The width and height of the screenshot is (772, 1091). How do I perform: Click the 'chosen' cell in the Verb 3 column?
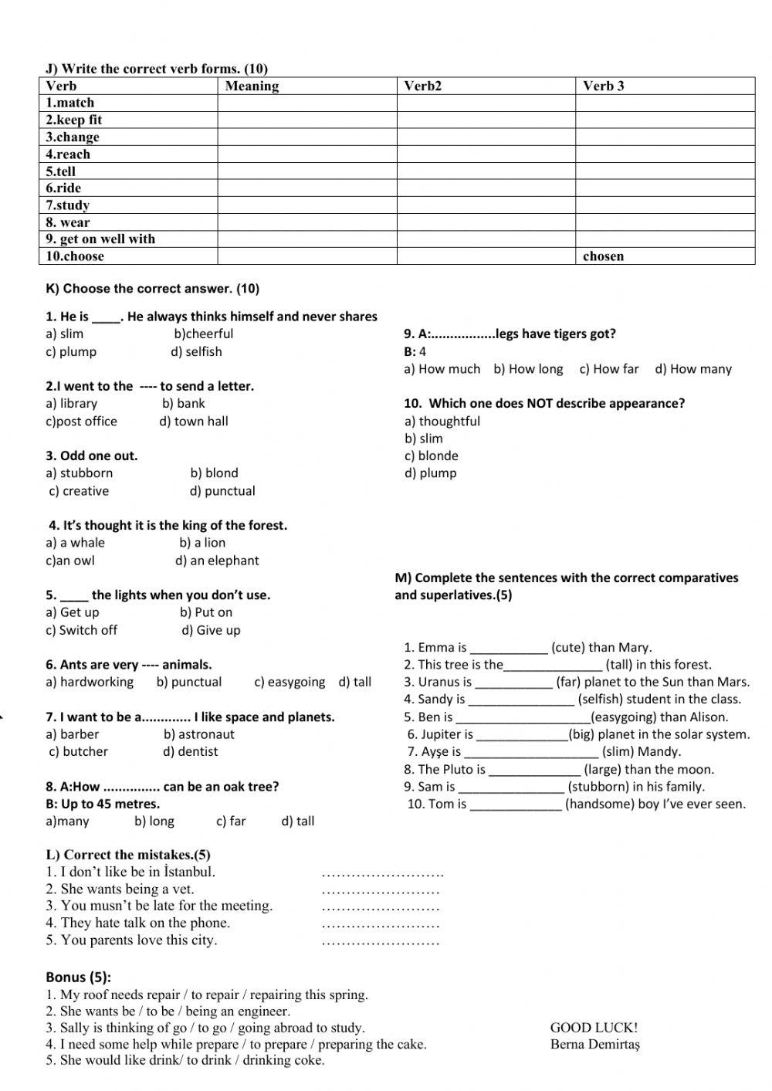[x=603, y=256]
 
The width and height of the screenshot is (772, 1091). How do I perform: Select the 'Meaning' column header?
[x=252, y=86]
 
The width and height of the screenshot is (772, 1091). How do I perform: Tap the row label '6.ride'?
[x=63, y=188]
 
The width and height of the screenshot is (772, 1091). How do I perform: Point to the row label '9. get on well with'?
[x=100, y=239]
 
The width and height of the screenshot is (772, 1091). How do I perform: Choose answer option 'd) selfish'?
[x=196, y=352]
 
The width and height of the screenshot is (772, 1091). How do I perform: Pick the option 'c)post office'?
[x=81, y=422]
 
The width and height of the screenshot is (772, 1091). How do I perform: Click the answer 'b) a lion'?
[x=202, y=543]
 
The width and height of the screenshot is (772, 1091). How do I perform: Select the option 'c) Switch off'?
[x=81, y=630]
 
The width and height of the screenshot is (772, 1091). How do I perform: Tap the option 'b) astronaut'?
[x=198, y=734]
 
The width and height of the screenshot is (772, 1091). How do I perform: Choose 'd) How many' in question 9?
[x=692, y=369]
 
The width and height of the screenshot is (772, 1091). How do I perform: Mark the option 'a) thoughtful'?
[x=442, y=422]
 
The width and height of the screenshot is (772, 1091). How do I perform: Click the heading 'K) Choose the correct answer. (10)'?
[x=153, y=289]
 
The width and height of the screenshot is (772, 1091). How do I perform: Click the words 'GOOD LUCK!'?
[x=594, y=1028]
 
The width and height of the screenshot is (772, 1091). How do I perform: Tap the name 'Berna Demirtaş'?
[x=595, y=1045]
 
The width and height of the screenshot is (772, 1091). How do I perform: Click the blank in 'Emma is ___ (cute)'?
[x=509, y=649]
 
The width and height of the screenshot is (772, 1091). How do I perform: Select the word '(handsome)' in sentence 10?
[x=597, y=805]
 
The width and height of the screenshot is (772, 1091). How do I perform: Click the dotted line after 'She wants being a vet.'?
[x=380, y=891]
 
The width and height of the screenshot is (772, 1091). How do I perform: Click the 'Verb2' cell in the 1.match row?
[x=486, y=103]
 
